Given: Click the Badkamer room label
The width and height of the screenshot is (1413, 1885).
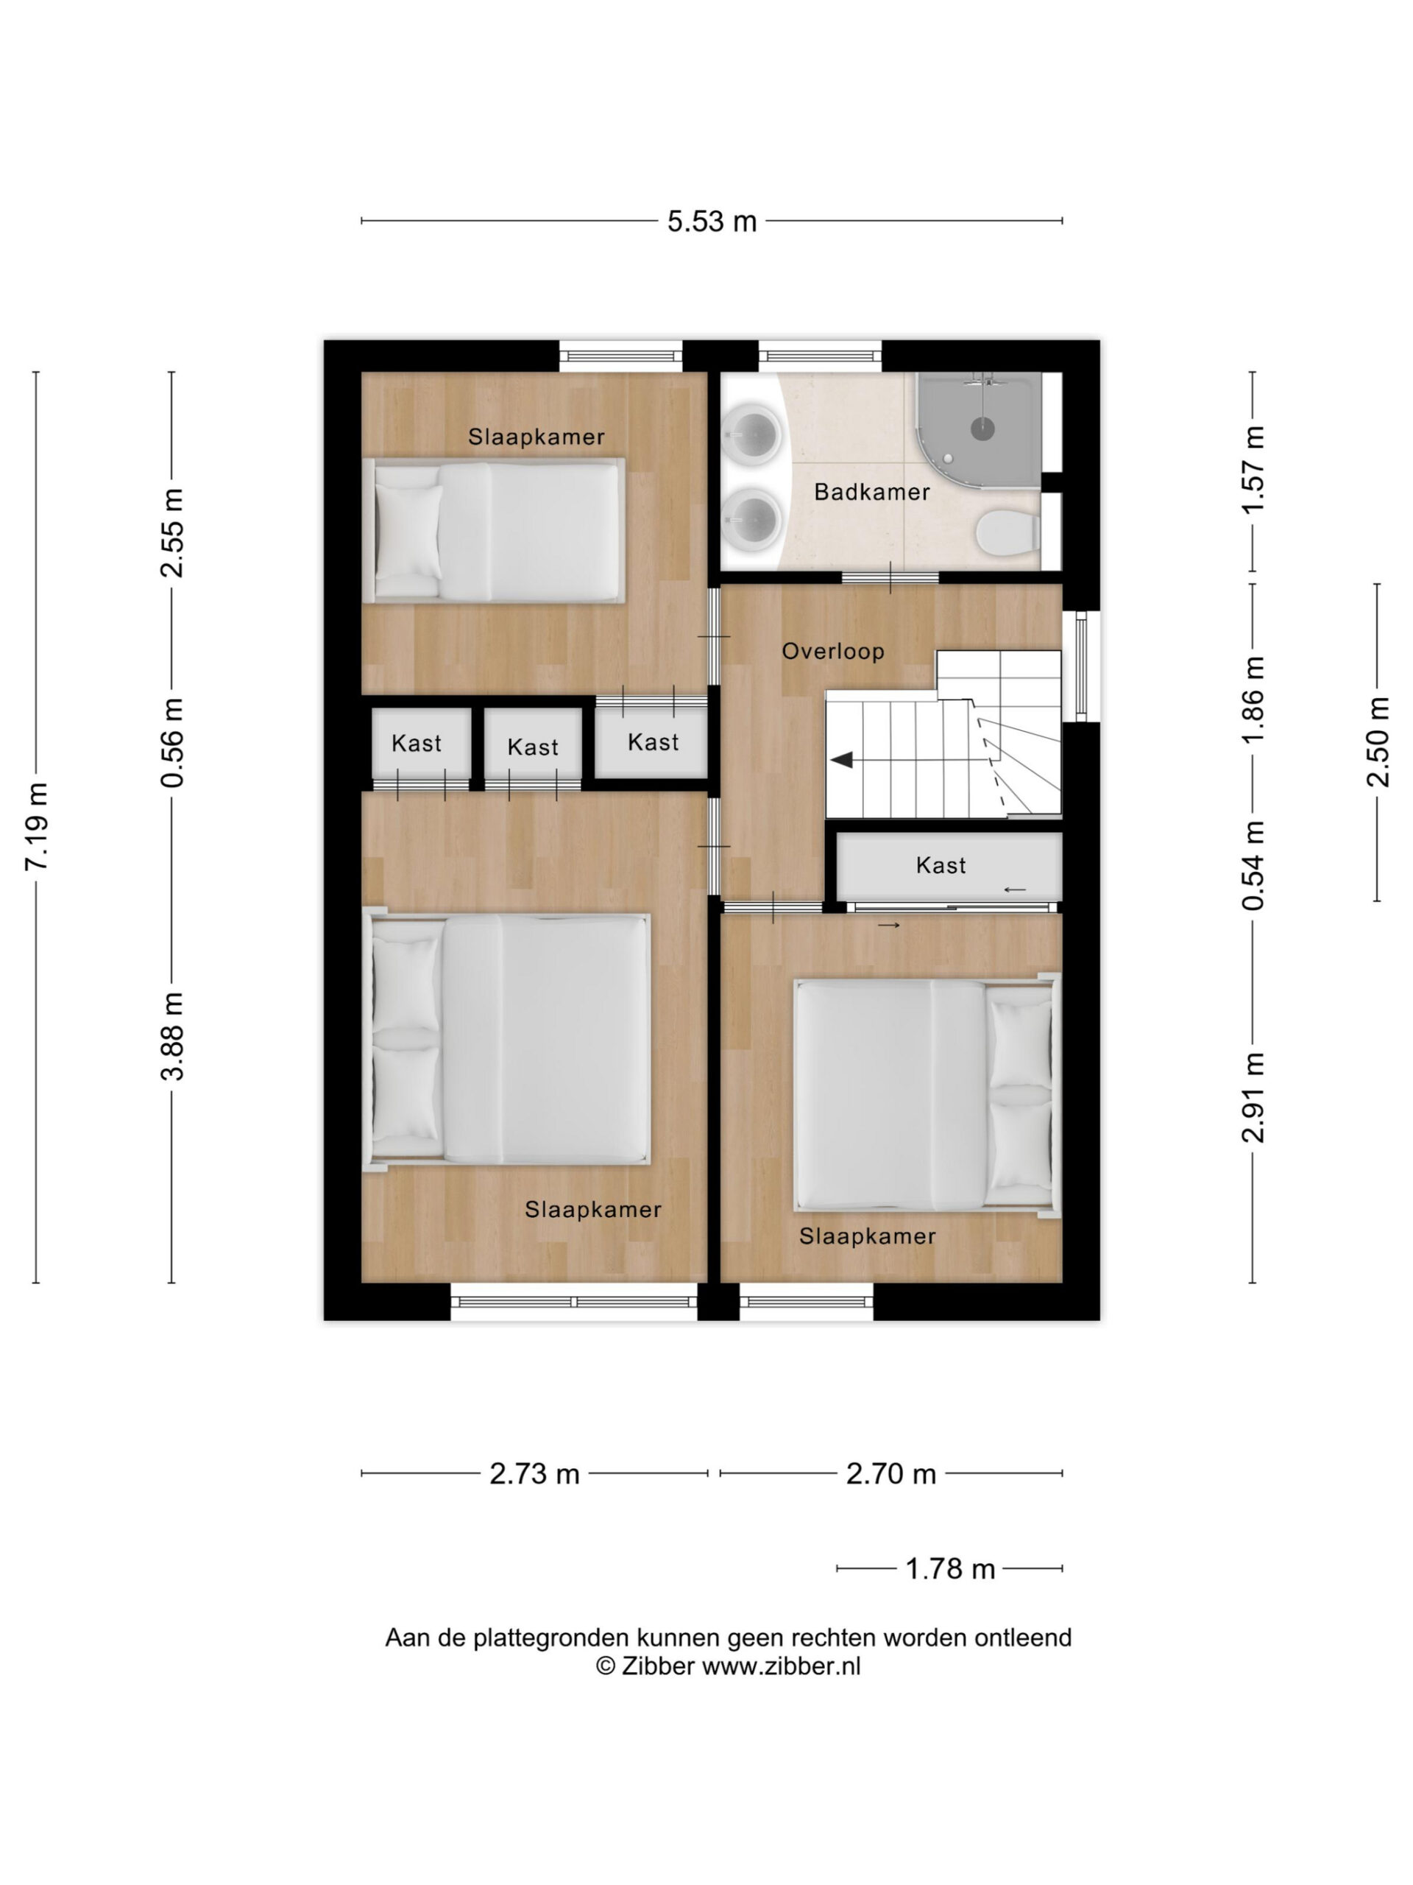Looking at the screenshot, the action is pyautogui.click(x=871, y=492).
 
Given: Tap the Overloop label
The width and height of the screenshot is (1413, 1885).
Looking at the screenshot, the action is pyautogui.click(x=833, y=651).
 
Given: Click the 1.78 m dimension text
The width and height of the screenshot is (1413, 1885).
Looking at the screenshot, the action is pyautogui.click(x=949, y=1569).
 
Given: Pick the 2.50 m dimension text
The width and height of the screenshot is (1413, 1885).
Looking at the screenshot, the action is pyautogui.click(x=1377, y=741).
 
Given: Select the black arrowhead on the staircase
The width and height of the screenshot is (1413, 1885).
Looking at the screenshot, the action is pyautogui.click(x=843, y=759).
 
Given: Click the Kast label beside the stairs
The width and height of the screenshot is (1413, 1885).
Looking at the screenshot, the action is pyautogui.click(x=941, y=866).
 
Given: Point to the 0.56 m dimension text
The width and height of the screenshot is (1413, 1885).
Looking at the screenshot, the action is pyautogui.click(x=173, y=741).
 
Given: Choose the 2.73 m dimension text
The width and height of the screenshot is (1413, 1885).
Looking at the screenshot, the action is pyautogui.click(x=534, y=1473).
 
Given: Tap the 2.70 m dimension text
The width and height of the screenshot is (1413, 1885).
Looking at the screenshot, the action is pyautogui.click(x=891, y=1473).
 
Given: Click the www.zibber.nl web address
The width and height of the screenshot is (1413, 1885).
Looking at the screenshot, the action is pyautogui.click(x=781, y=1666).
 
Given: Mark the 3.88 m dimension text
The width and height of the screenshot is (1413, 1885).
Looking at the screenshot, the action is pyautogui.click(x=173, y=1036).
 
